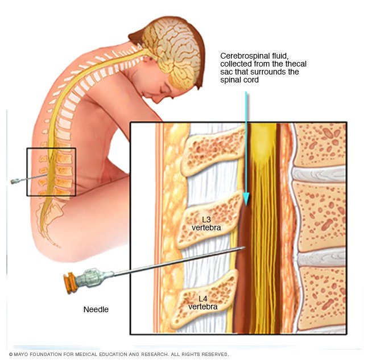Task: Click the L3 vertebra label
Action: tap(206, 224)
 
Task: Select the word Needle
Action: tap(96, 310)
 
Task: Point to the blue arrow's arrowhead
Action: tap(246, 199)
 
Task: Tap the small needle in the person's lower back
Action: tap(23, 180)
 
